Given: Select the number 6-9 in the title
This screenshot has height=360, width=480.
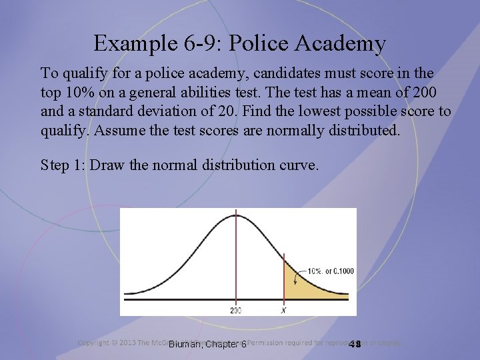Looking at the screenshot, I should tap(194, 43).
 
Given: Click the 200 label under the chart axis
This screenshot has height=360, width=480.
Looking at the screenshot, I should tap(236, 310).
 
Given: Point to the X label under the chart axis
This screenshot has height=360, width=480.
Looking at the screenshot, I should tap(285, 310).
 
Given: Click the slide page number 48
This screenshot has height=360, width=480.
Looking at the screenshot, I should tap(355, 344).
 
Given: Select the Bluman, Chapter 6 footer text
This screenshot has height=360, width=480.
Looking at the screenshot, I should tap(207, 344).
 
